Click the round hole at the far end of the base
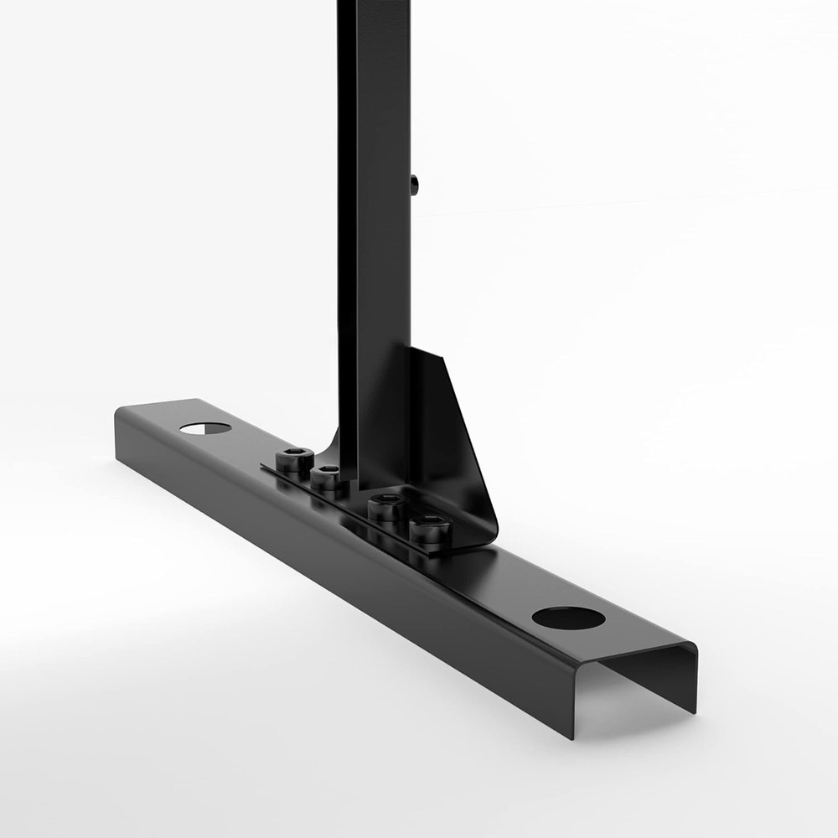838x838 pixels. point(205,428)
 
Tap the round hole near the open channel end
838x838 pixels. point(568,618)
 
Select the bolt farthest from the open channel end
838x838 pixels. point(294,458)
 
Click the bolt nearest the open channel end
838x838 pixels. point(431,530)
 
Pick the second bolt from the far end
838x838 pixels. point(328,477)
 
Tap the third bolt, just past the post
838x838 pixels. point(387,507)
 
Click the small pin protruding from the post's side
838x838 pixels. point(414,184)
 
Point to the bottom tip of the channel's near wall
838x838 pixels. point(574,735)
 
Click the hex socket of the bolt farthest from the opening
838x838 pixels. point(294,454)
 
